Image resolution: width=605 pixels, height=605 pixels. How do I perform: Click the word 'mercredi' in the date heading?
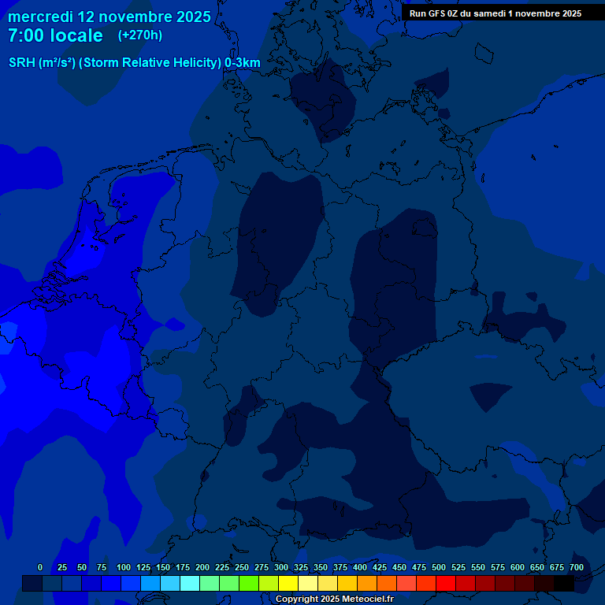(x=35, y=17)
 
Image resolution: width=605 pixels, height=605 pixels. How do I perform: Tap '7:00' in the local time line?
(x=28, y=35)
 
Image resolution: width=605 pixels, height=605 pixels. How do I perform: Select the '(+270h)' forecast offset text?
(x=140, y=35)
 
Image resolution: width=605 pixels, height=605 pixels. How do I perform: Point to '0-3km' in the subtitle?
(x=242, y=63)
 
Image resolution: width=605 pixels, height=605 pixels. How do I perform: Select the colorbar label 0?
(x=40, y=567)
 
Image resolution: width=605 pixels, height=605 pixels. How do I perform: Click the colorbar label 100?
(x=124, y=567)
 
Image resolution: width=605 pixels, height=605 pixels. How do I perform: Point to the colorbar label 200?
(x=202, y=567)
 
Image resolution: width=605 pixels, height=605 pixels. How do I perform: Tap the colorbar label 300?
(x=281, y=567)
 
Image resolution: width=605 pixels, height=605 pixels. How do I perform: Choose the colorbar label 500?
(x=439, y=567)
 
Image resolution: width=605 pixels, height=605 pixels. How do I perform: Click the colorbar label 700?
(x=577, y=567)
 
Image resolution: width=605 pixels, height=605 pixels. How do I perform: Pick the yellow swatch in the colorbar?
(x=288, y=584)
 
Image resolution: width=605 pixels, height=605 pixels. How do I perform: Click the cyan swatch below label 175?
(x=190, y=584)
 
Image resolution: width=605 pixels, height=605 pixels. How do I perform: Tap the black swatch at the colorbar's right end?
(x=564, y=584)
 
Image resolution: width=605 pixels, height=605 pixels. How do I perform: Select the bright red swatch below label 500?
(x=446, y=584)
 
